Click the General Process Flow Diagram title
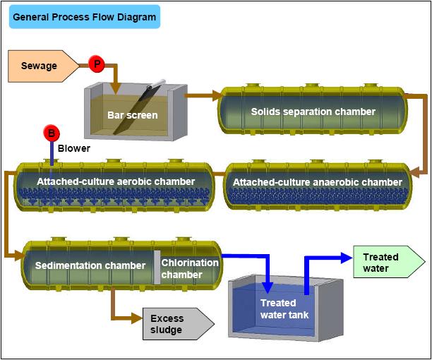point(84,17)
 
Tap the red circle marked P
point(97,64)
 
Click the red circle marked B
point(52,133)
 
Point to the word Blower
point(74,148)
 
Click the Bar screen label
point(133,115)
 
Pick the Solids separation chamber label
point(313,112)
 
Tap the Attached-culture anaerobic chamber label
point(318,182)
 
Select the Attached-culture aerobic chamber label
point(116,181)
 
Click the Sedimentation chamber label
point(90,265)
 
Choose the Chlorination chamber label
point(190,268)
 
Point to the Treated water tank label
point(284,308)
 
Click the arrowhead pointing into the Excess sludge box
point(137,318)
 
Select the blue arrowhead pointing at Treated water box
point(347,258)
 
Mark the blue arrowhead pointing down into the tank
point(268,287)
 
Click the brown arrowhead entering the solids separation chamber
point(217,95)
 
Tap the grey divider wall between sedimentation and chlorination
point(157,268)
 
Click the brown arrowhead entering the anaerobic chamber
point(414,173)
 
